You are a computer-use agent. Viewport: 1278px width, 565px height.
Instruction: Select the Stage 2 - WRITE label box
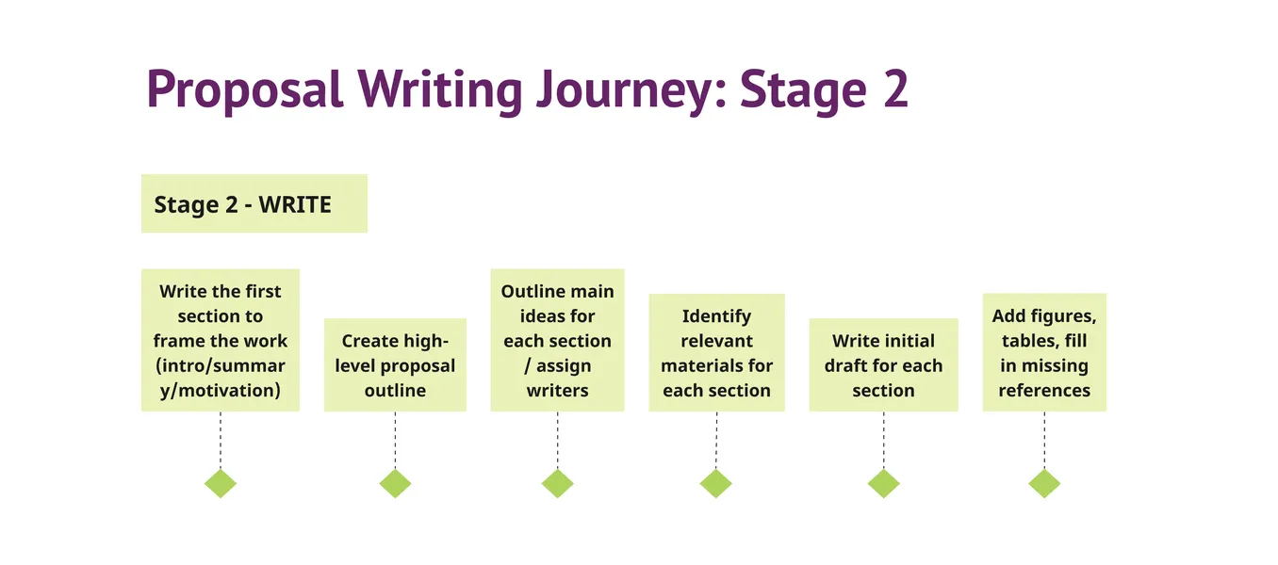point(254,203)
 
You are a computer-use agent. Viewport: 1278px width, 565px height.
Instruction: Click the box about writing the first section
point(221,340)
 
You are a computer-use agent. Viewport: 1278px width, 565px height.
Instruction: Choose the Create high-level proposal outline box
point(395,365)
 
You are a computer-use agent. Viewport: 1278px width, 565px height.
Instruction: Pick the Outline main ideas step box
point(557,340)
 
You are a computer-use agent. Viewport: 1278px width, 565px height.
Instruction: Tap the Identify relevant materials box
point(716,353)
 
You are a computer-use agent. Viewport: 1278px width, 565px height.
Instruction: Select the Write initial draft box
point(883,365)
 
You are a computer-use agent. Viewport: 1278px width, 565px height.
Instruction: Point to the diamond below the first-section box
point(221,483)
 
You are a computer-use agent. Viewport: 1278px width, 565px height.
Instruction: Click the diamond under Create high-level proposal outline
point(395,483)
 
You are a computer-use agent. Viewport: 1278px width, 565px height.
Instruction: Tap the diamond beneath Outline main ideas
point(557,483)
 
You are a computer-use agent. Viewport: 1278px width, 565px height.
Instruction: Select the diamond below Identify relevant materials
point(716,483)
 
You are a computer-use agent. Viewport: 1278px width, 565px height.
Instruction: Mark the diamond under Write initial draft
point(883,483)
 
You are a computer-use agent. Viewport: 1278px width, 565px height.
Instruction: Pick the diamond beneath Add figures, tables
point(1044,483)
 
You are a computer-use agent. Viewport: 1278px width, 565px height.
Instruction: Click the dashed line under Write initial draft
point(883,440)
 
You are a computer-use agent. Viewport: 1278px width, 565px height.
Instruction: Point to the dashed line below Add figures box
point(1044,440)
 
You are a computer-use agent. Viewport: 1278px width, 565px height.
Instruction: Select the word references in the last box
point(1044,390)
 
